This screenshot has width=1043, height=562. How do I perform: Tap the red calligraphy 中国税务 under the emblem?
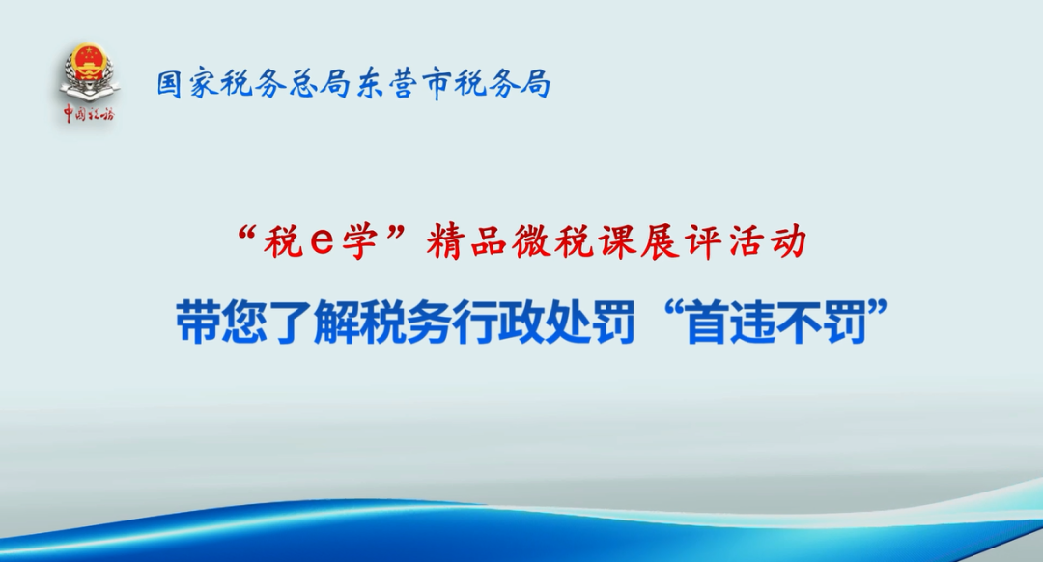pyautogui.click(x=89, y=114)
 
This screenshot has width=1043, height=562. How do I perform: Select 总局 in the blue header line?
pyautogui.click(x=316, y=84)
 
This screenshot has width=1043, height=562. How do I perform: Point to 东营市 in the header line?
pyautogui.click(x=399, y=84)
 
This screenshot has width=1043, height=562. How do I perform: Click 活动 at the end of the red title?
pyautogui.click(x=766, y=242)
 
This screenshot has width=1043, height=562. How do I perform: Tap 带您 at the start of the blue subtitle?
pyautogui.click(x=219, y=322)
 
